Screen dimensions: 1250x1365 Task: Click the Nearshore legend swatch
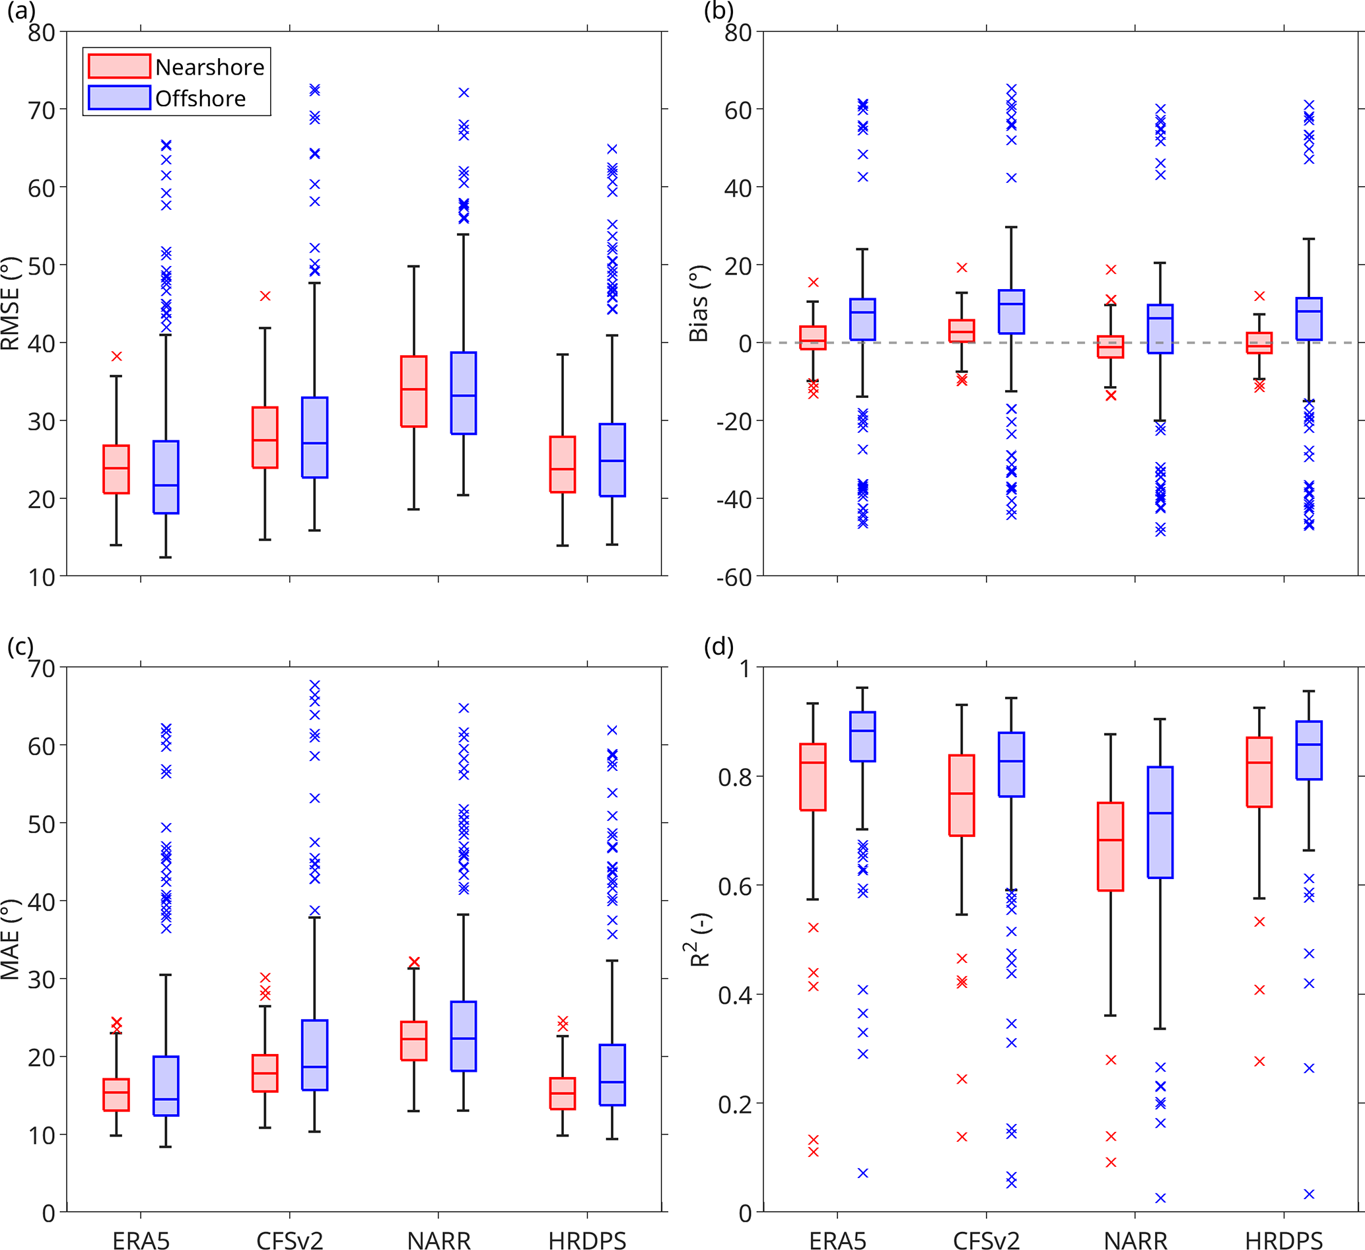pos(119,66)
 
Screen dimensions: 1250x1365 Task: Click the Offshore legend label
pos(200,99)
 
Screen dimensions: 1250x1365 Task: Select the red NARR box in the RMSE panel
pos(413,391)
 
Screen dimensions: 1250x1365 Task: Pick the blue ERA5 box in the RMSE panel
pos(166,477)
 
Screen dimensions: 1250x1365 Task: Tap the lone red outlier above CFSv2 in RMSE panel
pos(265,296)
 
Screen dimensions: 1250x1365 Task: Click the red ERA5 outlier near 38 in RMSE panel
pos(116,356)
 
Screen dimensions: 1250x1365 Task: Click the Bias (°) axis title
pos(698,304)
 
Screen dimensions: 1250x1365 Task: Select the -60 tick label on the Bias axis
pos(734,577)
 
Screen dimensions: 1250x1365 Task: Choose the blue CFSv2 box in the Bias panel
pos(1012,312)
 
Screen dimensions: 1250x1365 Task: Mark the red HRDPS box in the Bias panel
pos(1259,343)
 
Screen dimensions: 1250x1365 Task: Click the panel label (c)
pos(20,646)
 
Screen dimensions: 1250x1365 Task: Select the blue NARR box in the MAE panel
pos(464,1036)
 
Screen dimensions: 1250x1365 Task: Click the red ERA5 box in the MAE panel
pos(116,1094)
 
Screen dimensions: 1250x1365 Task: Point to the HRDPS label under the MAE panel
pos(587,1241)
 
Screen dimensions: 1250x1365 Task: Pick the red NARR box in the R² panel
pos(1110,846)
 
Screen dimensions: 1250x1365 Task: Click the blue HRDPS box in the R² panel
pos(1309,750)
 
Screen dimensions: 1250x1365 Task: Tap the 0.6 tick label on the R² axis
pos(734,886)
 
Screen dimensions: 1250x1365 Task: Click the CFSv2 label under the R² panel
pos(986,1241)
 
